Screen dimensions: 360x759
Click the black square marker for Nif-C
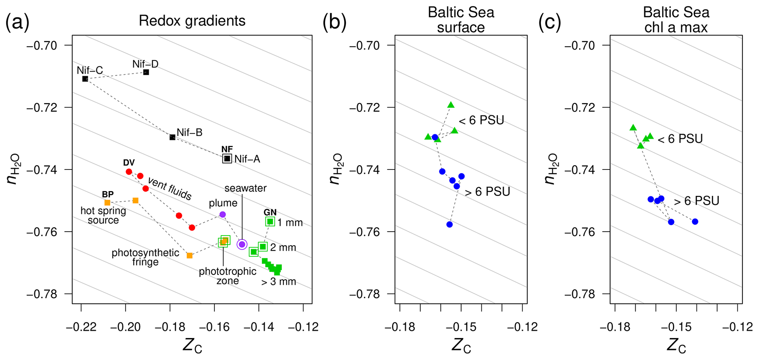85,79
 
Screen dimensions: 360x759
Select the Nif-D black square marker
146,72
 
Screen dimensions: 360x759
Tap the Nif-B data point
173,137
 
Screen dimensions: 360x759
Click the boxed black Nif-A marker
227,159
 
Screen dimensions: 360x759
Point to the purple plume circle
223,214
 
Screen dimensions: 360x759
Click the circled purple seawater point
242,244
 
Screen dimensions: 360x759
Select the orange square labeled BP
107,203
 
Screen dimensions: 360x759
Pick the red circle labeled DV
129,172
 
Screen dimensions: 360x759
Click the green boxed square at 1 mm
270,221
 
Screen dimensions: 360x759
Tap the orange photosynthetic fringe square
189,255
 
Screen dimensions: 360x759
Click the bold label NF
227,149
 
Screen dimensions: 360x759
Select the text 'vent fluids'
170,188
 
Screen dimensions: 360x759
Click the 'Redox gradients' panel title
192,21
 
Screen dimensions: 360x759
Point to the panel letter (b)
335,23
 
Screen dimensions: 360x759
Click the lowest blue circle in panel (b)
449,224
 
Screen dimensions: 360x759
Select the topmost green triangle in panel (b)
451,105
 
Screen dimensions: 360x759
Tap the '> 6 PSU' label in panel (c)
696,201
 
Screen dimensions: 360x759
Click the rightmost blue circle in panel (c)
695,222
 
